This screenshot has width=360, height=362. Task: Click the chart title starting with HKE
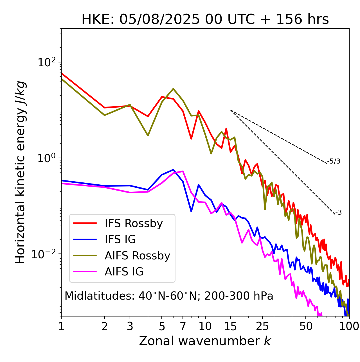tap(205, 20)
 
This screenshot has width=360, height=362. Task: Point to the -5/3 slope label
tap(334, 161)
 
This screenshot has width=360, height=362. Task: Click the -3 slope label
tap(338, 213)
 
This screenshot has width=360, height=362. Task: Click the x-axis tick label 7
tap(183, 326)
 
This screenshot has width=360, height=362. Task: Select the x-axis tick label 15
tap(230, 326)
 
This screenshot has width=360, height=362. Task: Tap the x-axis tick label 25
tap(262, 326)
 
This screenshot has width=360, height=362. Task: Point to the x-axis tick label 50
tap(306, 326)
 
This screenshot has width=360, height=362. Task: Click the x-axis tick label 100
tap(349, 326)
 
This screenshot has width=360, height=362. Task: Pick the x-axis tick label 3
tap(130, 326)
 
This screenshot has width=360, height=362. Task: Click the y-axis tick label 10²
tap(47, 62)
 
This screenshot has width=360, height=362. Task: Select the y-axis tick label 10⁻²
tap(45, 254)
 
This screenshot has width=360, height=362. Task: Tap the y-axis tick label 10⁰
tap(47, 158)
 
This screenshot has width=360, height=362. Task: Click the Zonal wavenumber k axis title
tap(205, 341)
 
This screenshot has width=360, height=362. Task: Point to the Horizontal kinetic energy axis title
tap(20, 172)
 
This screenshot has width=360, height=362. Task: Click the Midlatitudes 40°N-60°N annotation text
tap(169, 296)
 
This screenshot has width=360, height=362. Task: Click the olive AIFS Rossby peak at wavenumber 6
tap(173, 89)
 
